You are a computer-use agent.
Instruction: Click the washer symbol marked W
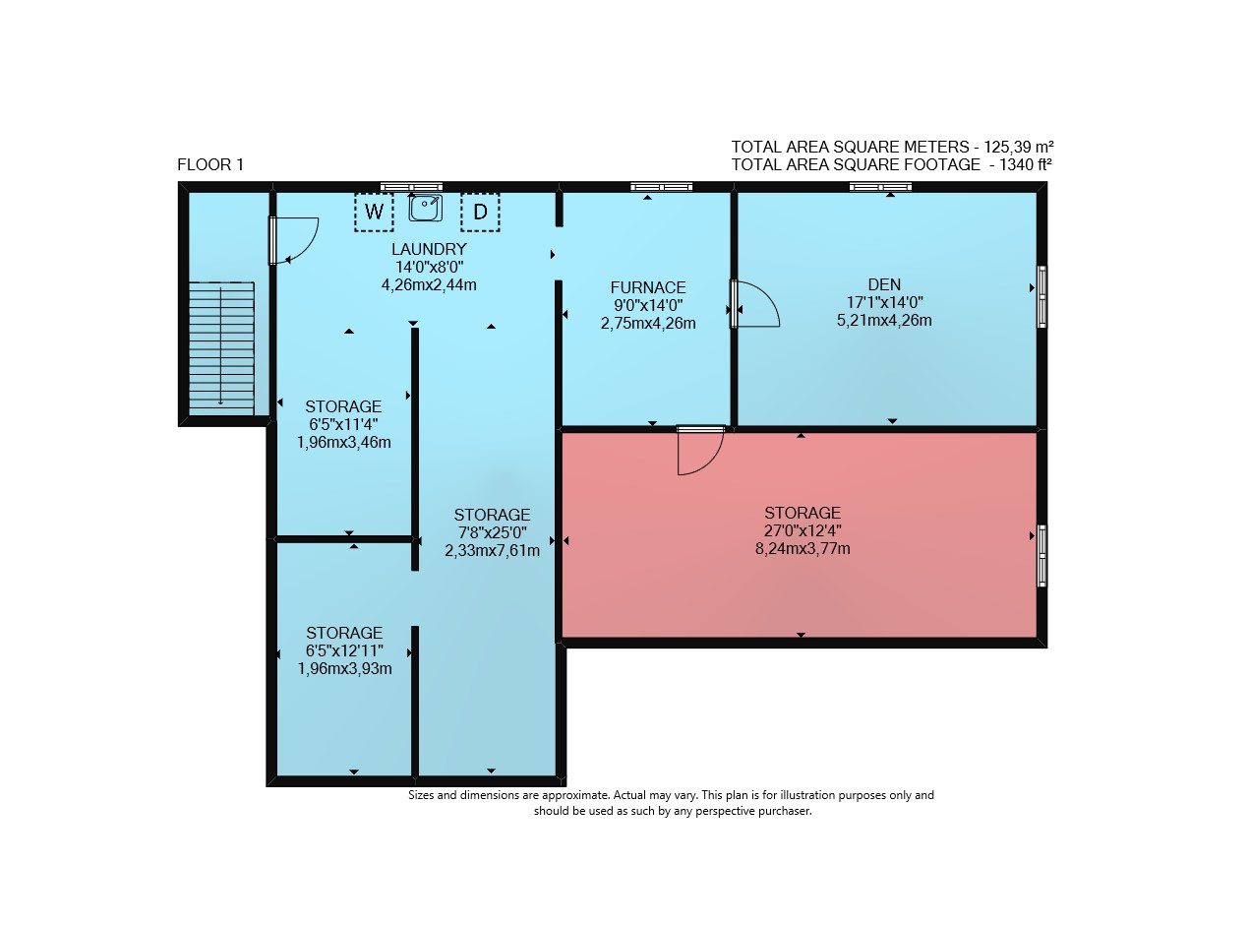click(x=374, y=212)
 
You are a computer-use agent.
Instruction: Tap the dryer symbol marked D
click(x=480, y=212)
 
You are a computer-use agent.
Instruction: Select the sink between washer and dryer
click(x=425, y=208)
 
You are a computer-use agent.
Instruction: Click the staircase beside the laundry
click(x=221, y=348)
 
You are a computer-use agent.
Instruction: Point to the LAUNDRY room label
click(x=429, y=249)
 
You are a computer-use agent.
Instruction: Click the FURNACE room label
click(x=648, y=287)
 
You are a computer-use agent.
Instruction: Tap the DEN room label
click(x=884, y=284)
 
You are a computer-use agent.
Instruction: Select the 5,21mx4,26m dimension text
click(x=884, y=321)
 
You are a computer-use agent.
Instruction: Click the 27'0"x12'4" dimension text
click(x=803, y=531)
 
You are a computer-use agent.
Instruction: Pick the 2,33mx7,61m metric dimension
click(x=492, y=551)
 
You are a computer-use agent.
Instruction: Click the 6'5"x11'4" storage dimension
click(x=343, y=424)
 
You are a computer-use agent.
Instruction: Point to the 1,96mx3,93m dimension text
click(x=344, y=669)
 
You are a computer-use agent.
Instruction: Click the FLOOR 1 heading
click(x=210, y=164)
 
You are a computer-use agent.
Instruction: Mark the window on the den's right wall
click(x=1042, y=297)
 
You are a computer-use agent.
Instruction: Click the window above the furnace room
click(x=661, y=187)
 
